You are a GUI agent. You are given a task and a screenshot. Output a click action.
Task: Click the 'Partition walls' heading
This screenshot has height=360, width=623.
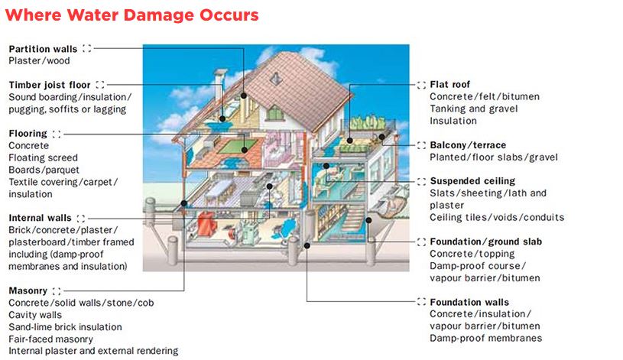click(x=43, y=49)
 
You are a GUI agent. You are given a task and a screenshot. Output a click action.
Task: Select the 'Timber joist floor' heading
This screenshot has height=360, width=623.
click(x=50, y=85)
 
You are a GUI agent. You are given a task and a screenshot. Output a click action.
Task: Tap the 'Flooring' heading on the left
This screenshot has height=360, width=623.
click(x=28, y=133)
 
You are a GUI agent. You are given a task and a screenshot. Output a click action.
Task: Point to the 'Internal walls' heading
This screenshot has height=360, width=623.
click(x=40, y=218)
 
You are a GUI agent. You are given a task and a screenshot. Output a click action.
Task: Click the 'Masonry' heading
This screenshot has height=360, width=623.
click(x=28, y=290)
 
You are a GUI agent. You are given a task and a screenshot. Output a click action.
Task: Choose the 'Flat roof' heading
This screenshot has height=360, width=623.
click(x=450, y=84)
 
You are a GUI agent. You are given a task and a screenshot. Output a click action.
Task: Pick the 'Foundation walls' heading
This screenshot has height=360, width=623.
click(x=469, y=302)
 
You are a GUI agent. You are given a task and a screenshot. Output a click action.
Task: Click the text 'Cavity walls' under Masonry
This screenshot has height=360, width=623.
click(x=35, y=315)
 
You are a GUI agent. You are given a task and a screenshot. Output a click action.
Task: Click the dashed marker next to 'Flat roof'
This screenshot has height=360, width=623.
click(x=421, y=84)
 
